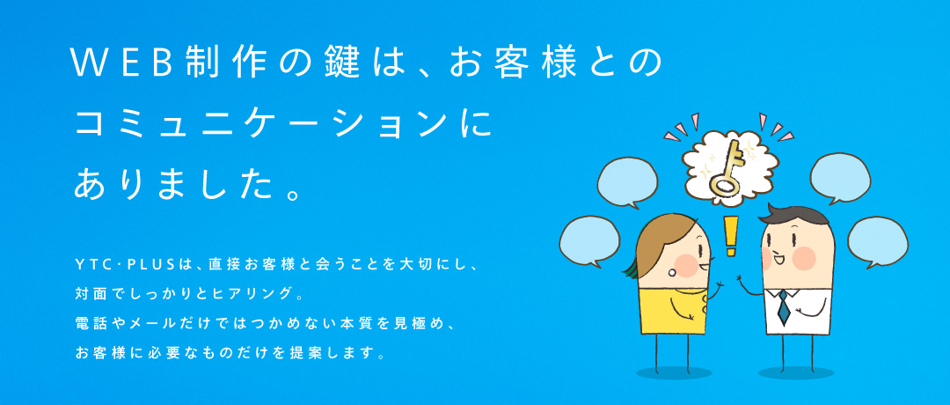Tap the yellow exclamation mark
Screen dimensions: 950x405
pos(731,236)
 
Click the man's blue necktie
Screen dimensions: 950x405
pos(783,306)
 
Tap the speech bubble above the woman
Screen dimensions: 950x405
pos(626,182)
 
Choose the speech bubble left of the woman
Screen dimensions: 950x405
pos(588,240)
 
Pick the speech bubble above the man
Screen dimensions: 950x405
pos(840,179)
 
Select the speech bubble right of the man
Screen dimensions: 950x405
pos(877,242)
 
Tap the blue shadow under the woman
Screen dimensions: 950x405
pos(673,372)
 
